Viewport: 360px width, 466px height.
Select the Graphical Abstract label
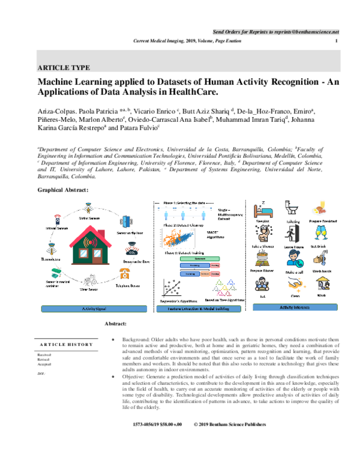[63, 189]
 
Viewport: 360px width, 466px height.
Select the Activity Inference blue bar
[290, 307]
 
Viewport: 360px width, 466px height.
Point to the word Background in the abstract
[137, 340]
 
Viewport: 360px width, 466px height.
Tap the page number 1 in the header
[336, 40]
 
